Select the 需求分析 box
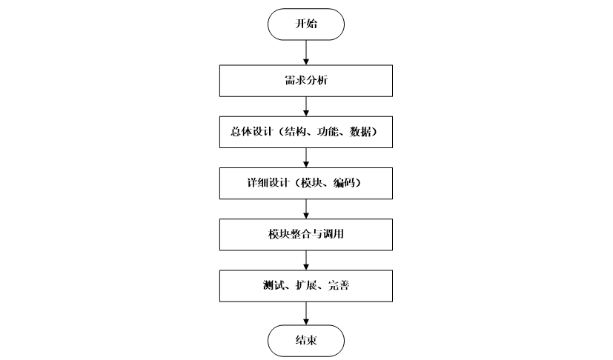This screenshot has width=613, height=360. click(x=306, y=81)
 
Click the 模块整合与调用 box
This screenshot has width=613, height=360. click(x=306, y=235)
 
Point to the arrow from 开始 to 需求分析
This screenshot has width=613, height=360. click(x=306, y=52)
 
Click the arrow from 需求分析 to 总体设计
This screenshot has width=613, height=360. click(x=306, y=105)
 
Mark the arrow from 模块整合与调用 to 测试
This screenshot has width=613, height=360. click(x=306, y=259)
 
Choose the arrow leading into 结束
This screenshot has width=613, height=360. click(x=306, y=312)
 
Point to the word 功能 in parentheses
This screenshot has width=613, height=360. click(x=330, y=132)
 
